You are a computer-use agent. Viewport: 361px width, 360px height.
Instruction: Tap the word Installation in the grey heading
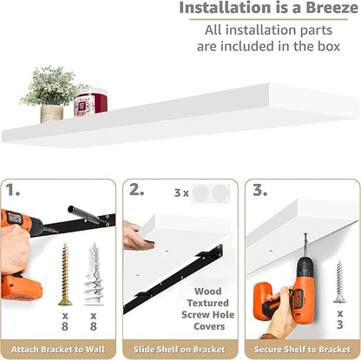pyautogui.click(x=224, y=8)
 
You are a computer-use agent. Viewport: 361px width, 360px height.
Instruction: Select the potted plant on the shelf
pyautogui.click(x=52, y=94)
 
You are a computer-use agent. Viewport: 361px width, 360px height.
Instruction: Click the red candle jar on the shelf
pyautogui.click(x=90, y=102)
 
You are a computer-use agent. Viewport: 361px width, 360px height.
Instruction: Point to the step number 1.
pyautogui.click(x=12, y=190)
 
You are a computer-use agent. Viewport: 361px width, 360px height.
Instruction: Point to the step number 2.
pyautogui.click(x=136, y=190)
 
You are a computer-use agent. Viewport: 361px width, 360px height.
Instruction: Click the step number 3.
pyautogui.click(x=259, y=190)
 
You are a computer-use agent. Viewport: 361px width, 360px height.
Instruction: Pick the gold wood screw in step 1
pyautogui.click(x=65, y=274)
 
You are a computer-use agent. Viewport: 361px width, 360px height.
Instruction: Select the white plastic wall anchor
pyautogui.click(x=93, y=274)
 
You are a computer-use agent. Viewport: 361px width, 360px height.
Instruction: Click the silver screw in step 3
pyautogui.click(x=339, y=281)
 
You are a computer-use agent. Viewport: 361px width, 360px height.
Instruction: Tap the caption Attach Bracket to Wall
pyautogui.click(x=58, y=350)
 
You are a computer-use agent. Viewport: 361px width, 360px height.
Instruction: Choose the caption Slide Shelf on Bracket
pyautogui.click(x=180, y=350)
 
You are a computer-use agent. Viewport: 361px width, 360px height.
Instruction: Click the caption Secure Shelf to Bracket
pyautogui.click(x=303, y=350)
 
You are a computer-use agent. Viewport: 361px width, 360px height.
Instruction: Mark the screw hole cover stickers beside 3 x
pyautogui.click(x=210, y=193)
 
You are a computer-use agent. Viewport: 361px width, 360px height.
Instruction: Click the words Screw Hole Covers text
pyautogui.click(x=208, y=320)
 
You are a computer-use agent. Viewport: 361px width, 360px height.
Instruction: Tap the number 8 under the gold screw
pyautogui.click(x=65, y=326)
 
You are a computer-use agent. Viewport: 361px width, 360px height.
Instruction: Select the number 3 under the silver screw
pyautogui.click(x=340, y=324)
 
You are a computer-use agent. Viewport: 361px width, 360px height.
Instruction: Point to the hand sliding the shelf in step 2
pyautogui.click(x=136, y=236)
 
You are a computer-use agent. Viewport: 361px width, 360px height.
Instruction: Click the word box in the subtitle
pyautogui.click(x=329, y=46)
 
